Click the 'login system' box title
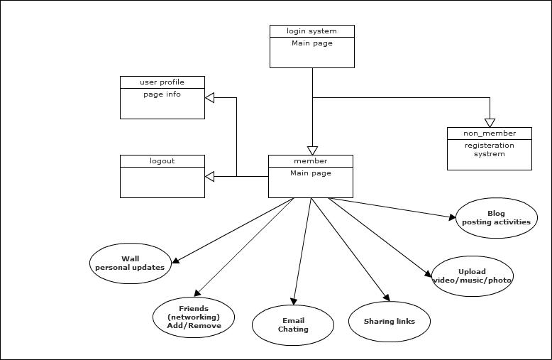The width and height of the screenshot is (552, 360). tap(311, 31)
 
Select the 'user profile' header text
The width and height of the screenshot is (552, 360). tap(162, 82)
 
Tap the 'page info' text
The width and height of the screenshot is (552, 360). tap(162, 94)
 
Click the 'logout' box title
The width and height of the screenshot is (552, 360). tap(162, 161)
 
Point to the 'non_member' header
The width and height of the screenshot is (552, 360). tap(490, 133)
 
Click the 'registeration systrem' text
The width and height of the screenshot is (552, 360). tap(490, 150)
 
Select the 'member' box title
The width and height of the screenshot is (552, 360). tap(310, 161)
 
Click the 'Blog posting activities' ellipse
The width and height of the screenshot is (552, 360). tap(496, 217)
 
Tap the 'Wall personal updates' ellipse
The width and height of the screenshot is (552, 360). tap(131, 263)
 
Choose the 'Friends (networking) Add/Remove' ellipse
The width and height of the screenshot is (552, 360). tap(194, 317)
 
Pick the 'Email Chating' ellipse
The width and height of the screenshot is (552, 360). tap(293, 325)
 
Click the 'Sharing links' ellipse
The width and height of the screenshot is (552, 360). tap(389, 322)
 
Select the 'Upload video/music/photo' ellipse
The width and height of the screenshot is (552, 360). tap(472, 276)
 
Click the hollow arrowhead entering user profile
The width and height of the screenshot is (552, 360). tap(209, 97)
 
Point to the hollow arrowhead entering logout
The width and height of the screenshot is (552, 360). tap(209, 176)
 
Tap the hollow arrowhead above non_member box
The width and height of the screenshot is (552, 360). tap(490, 123)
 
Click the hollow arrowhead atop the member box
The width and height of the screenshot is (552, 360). tap(312, 151)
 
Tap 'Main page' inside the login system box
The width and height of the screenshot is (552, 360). tap(311, 44)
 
